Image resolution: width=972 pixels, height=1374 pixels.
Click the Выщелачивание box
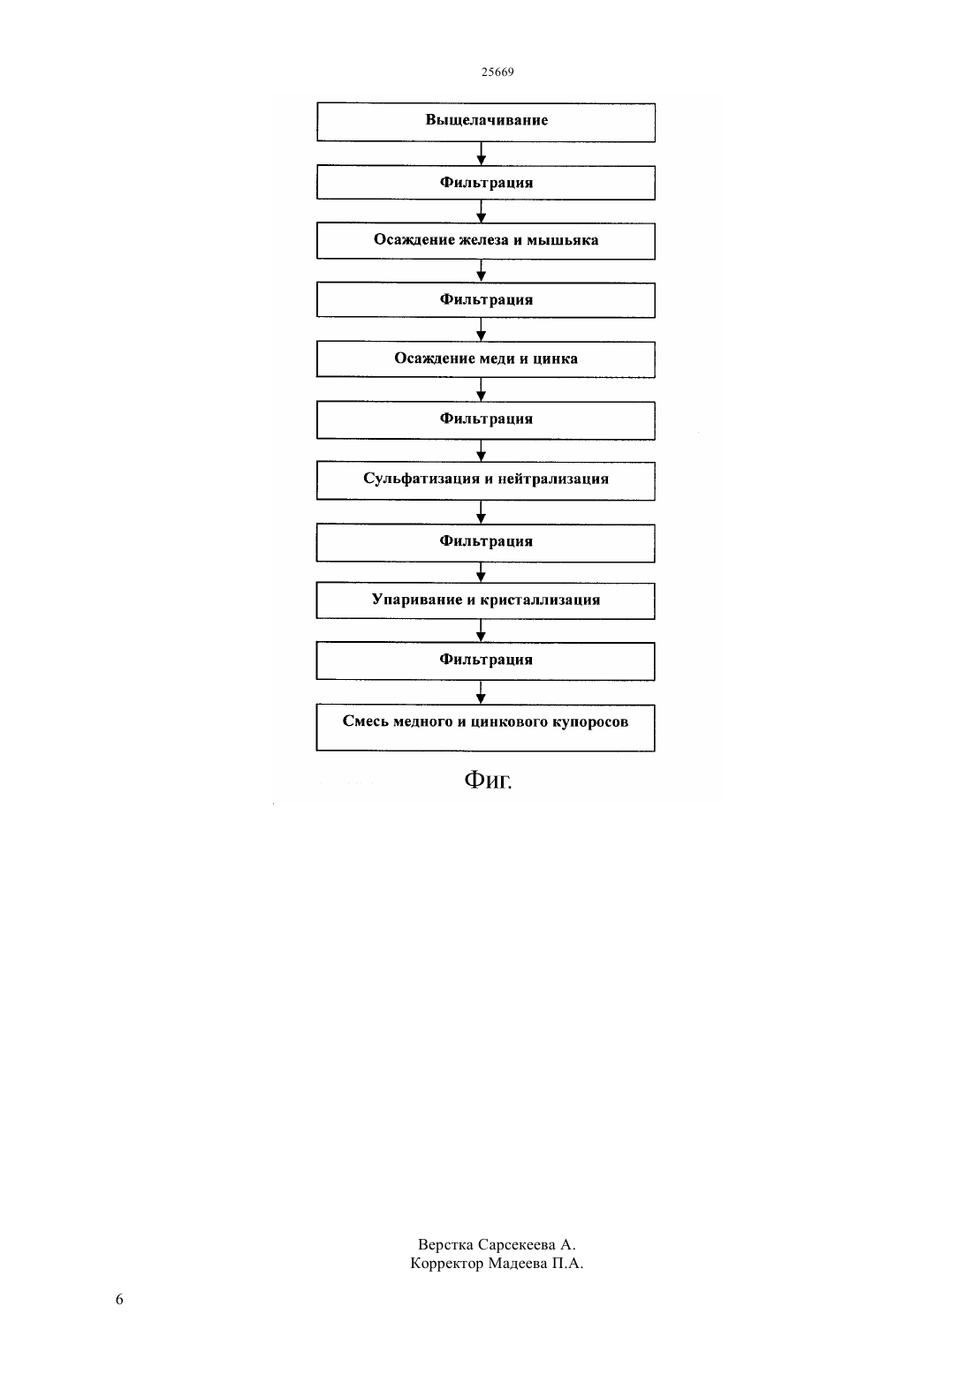pyautogui.click(x=485, y=122)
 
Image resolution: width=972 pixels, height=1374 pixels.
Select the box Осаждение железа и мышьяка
pyautogui.click(x=485, y=240)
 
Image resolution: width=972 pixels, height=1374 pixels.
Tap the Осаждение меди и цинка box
pyautogui.click(x=485, y=359)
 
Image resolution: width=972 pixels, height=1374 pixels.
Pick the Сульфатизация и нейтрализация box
pyautogui.click(x=485, y=480)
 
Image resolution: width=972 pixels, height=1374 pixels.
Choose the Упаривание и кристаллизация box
pyautogui.click(x=485, y=600)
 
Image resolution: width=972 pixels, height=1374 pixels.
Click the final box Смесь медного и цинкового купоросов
pyautogui.click(x=485, y=728)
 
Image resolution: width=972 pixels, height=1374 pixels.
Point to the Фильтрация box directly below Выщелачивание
pyautogui.click(x=485, y=182)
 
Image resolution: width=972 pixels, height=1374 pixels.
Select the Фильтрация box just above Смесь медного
pyautogui.click(x=485, y=661)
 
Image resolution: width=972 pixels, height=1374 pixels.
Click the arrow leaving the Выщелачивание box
pyautogui.click(x=481, y=154)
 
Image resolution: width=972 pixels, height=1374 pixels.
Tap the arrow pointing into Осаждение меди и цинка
pyautogui.click(x=481, y=329)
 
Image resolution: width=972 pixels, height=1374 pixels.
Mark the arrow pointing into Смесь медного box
pyautogui.click(x=481, y=692)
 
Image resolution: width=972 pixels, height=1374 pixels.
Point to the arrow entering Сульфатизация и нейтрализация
pyautogui.click(x=481, y=450)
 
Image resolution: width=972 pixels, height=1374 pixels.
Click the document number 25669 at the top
pyautogui.click(x=497, y=72)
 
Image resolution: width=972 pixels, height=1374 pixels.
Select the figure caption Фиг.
pyautogui.click(x=488, y=780)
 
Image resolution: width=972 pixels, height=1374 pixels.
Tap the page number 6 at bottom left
pyautogui.click(x=119, y=1299)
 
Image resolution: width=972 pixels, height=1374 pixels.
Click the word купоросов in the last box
pyautogui.click(x=589, y=722)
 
